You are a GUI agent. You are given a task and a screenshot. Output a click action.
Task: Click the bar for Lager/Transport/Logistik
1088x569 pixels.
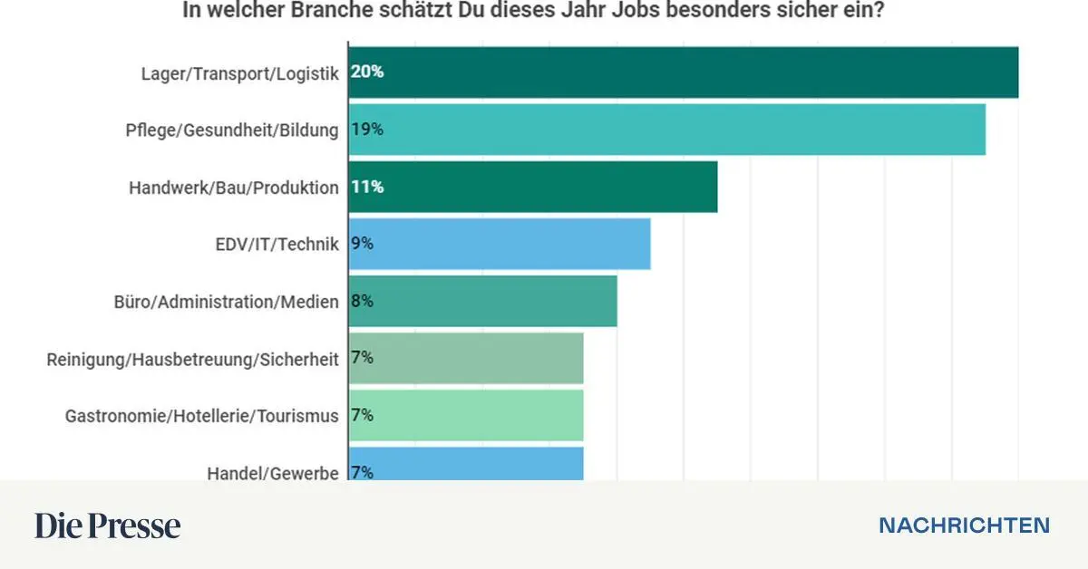coord(684,72)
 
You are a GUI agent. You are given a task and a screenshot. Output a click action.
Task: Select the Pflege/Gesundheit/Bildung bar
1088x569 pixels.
coord(667,130)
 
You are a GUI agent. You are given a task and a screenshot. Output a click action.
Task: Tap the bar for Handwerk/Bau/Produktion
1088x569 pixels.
coord(533,187)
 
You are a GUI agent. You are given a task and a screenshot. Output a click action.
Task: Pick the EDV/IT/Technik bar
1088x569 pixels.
coord(500,244)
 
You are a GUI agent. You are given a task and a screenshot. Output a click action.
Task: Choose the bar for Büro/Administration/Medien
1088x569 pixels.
coord(482,301)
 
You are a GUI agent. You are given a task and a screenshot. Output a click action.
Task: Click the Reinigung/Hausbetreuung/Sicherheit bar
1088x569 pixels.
coord(466,358)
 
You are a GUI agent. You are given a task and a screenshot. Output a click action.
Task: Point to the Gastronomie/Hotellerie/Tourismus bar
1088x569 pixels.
coord(466,415)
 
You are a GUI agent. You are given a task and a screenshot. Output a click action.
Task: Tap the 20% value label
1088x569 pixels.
coord(367,72)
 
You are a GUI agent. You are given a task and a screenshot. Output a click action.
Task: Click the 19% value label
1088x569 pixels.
coord(367,130)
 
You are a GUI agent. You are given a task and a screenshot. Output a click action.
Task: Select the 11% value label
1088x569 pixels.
coord(367,187)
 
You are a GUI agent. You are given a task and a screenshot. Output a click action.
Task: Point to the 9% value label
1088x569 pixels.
coord(363,244)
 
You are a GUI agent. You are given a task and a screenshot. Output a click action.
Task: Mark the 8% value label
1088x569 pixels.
coord(363,301)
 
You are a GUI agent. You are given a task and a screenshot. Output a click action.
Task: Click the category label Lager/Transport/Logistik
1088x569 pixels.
coord(239,73)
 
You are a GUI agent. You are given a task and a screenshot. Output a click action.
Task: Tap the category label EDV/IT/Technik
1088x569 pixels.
coord(277,244)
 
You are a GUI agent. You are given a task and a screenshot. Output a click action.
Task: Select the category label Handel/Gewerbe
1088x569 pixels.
coord(272,472)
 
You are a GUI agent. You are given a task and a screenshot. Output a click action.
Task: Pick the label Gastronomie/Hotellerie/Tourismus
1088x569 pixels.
coord(201,416)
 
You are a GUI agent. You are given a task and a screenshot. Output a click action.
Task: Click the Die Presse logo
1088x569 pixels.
coord(108,526)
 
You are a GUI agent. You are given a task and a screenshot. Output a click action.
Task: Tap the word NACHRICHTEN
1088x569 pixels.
coord(965,526)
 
